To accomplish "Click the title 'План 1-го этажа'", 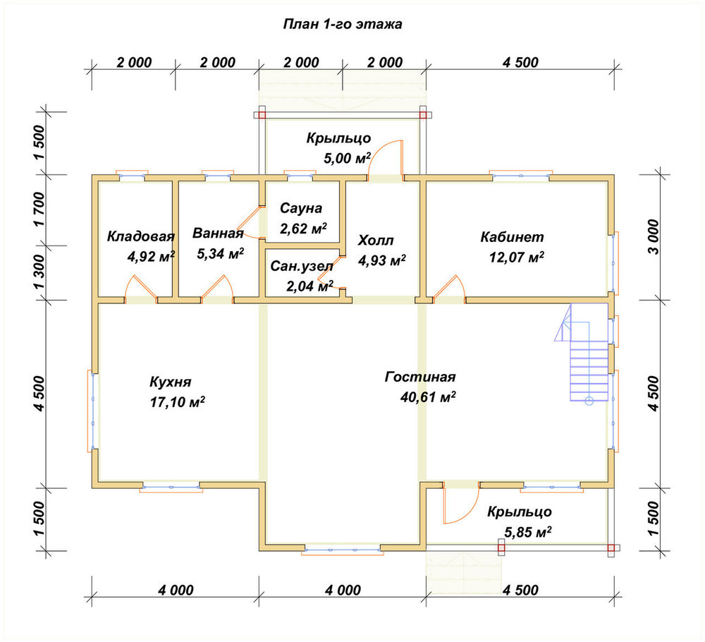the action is point(342,24).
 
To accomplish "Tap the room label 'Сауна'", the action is point(301,208).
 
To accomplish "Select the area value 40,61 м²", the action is point(428,396).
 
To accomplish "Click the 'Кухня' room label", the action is point(171,382).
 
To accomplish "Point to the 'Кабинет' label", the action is point(512,236).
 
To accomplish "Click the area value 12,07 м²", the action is point(517,258).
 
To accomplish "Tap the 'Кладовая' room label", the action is point(141,236).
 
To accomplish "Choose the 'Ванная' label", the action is point(218,233).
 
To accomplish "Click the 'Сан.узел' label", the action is point(302,267).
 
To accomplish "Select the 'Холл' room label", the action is point(376,241).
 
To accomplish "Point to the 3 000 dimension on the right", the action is point(654,237).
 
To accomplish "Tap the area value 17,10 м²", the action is point(178,401).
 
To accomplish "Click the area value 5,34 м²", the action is point(220,253).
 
